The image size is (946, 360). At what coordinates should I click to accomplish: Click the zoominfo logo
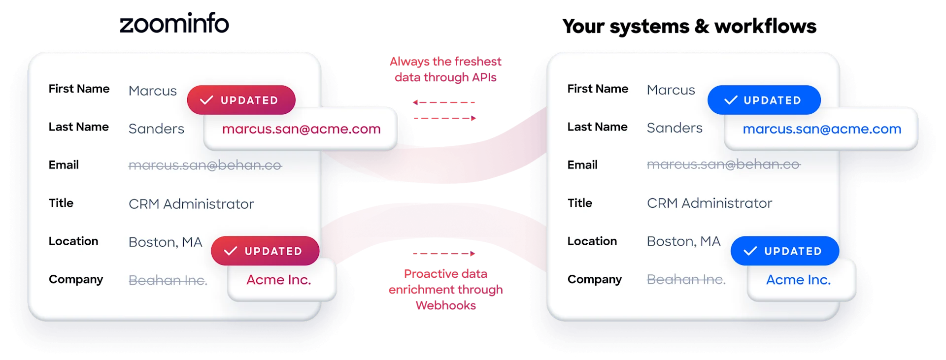tap(174, 24)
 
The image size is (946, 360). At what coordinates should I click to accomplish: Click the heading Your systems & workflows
tap(689, 26)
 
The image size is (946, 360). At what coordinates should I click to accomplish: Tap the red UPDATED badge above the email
tap(241, 100)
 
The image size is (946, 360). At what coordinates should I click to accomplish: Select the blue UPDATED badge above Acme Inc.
tap(785, 251)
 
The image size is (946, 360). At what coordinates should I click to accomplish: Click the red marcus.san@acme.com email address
tap(302, 129)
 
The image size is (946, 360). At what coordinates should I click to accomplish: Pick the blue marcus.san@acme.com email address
tap(822, 129)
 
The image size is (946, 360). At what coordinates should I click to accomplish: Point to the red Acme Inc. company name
tap(279, 280)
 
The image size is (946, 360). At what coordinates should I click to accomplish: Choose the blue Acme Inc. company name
tap(799, 280)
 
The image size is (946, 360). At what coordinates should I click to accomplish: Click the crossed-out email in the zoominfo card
tap(205, 165)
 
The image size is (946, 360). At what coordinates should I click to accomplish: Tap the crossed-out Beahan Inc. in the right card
tap(686, 279)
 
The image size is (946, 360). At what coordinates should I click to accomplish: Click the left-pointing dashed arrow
tap(444, 102)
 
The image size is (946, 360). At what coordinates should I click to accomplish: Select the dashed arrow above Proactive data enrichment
tap(444, 254)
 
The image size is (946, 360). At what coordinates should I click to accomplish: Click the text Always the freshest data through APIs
tap(445, 69)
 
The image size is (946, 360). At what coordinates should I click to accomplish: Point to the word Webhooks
tap(446, 305)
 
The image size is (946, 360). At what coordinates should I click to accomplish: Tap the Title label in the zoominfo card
tap(61, 203)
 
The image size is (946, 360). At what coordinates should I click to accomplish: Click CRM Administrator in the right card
tap(709, 203)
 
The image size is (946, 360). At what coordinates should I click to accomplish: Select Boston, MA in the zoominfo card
tap(166, 242)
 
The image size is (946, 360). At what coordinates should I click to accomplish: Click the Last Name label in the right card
tap(598, 127)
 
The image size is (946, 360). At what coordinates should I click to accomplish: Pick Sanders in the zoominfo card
tap(156, 129)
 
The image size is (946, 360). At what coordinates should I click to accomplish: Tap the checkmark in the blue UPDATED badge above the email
tap(731, 100)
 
